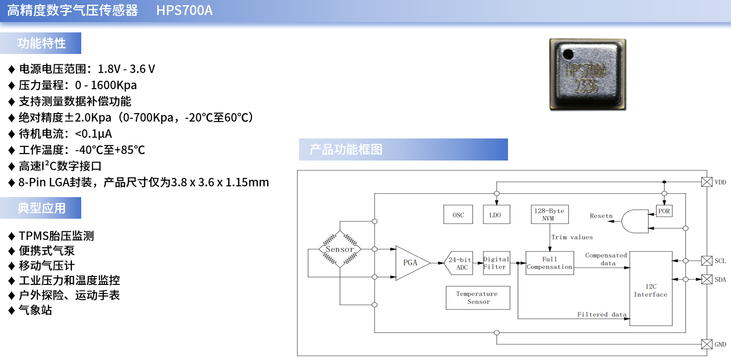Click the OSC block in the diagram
pos(458,214)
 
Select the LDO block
pos(496,214)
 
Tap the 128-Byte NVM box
pos(550,214)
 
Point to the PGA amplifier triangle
pos(411,263)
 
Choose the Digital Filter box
pos(496,263)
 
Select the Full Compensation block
pos(550,263)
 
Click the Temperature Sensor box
pos(477,298)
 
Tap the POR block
pos(664,211)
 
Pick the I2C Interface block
pos(651,288)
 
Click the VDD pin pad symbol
pos(707,182)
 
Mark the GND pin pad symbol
pos(707,344)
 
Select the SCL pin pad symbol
pos(707,260)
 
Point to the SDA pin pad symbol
pos(707,279)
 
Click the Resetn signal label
pos(601,216)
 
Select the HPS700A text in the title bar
pos(185,10)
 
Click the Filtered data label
pos(602,314)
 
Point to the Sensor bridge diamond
pos(340,249)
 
